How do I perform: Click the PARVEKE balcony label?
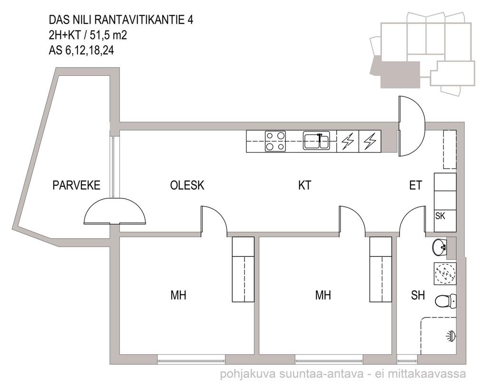point(77,185)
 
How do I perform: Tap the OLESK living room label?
point(187,185)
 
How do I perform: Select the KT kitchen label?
point(305,185)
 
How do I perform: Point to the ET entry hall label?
point(416,185)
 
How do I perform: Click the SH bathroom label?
point(418,295)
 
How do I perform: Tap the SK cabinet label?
point(440,216)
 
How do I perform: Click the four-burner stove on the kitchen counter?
point(275,141)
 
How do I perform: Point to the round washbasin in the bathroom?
point(439,247)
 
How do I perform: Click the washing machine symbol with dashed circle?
point(445,273)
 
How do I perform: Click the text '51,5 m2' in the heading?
point(108,35)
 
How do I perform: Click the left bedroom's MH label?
point(178,295)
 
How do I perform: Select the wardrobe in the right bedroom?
point(380,269)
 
